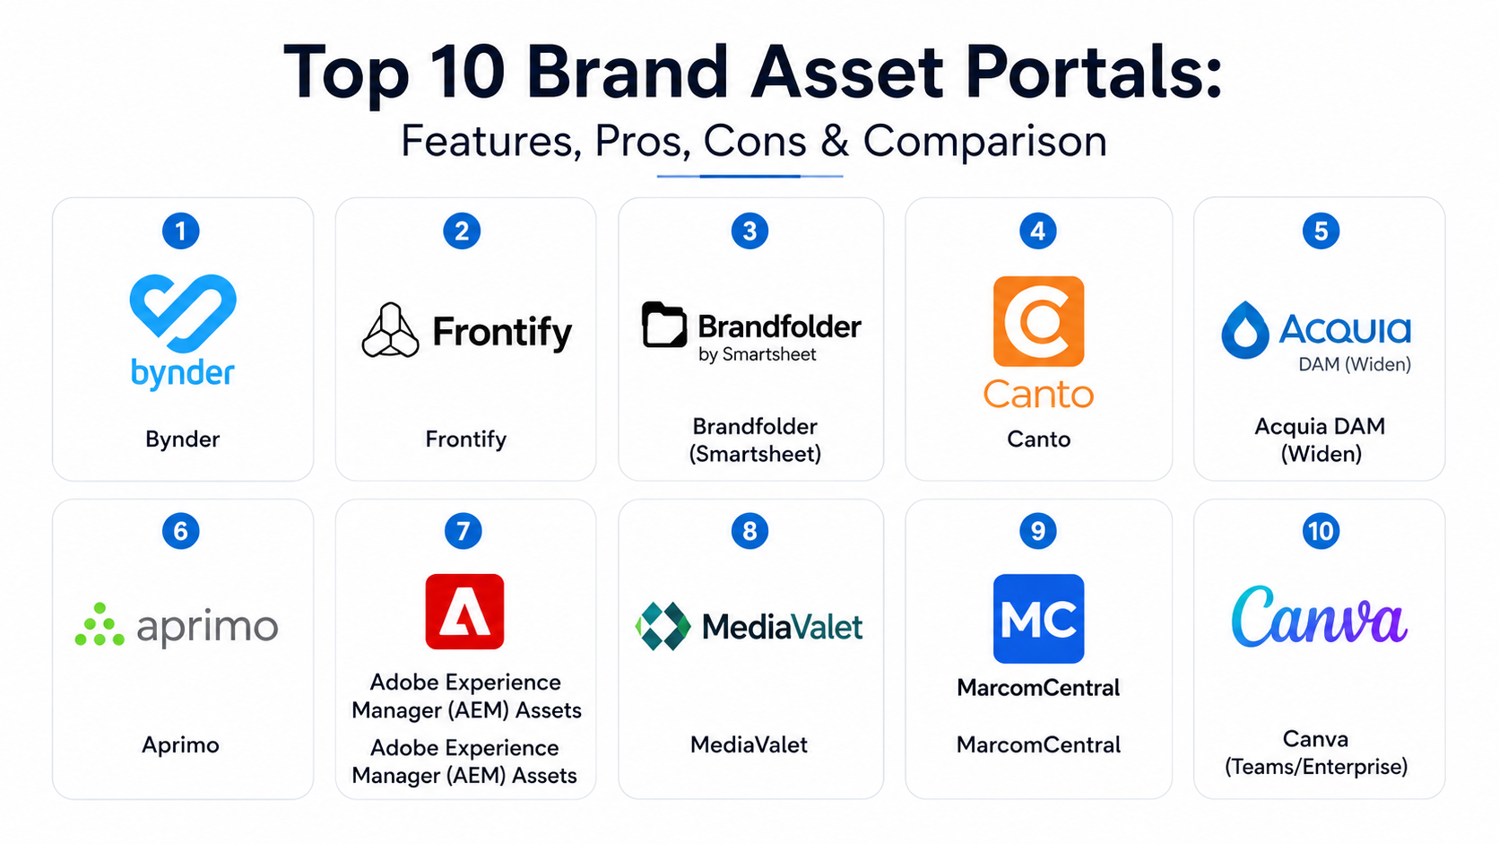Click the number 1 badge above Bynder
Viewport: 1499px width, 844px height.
coord(181,231)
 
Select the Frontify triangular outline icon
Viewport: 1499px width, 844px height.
coord(391,330)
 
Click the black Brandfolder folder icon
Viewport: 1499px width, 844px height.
coord(663,325)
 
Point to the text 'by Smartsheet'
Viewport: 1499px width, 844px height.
coord(757,355)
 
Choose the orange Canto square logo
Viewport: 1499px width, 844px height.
coord(1038,321)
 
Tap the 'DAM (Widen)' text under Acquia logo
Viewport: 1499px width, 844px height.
coord(1355,364)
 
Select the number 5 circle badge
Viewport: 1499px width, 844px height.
coord(1321,231)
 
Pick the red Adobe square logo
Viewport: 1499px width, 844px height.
coord(464,611)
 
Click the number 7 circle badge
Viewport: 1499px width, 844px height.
coord(464,531)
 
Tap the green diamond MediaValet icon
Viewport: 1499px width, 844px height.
coord(663,626)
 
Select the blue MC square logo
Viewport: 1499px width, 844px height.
coord(1038,619)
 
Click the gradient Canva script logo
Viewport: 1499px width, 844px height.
coord(1320,617)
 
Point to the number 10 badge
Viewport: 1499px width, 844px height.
coord(1321,531)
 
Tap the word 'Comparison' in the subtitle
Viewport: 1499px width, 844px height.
coord(985,141)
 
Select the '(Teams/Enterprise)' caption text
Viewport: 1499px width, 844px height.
coord(1316,766)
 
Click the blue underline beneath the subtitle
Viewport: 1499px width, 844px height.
coord(749,176)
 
